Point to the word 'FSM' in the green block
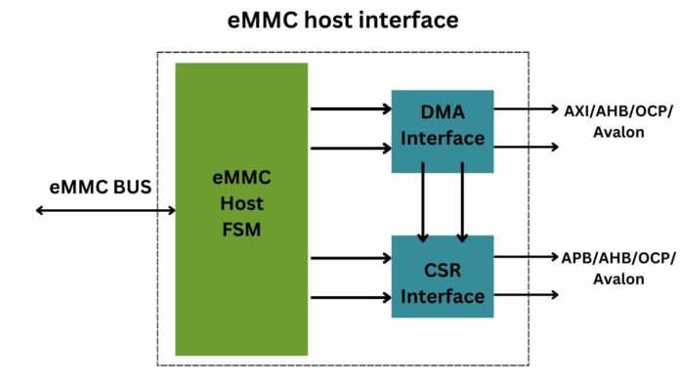point(241,232)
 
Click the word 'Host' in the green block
point(241,204)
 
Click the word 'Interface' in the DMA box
point(443,139)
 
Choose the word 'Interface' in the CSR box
point(443,295)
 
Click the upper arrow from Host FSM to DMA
point(351,108)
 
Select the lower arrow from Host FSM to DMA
point(351,149)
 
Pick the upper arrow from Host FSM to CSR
point(351,258)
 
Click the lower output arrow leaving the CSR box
point(527,294)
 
